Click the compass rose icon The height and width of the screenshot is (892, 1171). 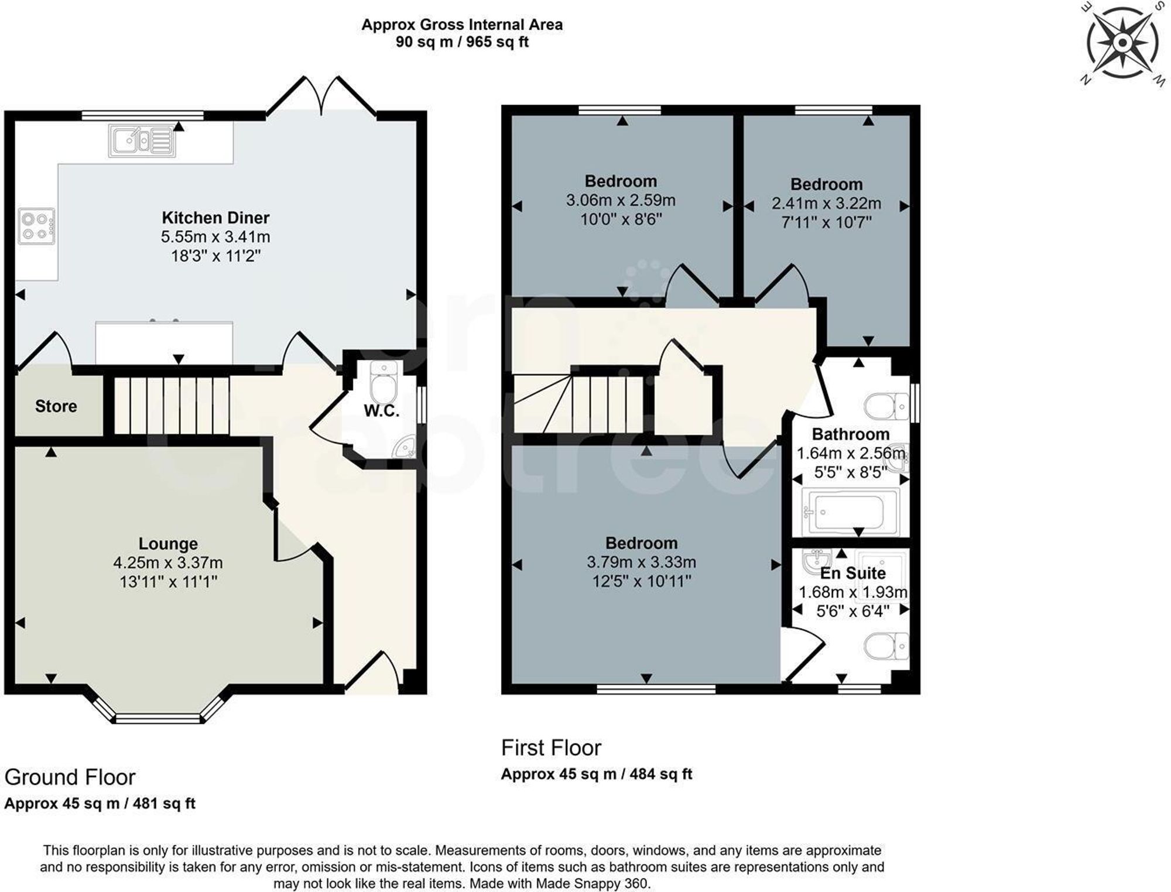[1122, 43]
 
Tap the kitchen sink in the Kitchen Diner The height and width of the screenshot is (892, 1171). [142, 141]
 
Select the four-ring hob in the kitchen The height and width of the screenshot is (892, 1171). [36, 227]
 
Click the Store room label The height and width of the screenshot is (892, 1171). [56, 406]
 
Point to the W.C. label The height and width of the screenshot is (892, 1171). [381, 411]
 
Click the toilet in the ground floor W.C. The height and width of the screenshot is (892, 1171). [384, 383]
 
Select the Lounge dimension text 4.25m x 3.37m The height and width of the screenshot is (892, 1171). [168, 563]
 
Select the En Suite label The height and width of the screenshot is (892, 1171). [852, 573]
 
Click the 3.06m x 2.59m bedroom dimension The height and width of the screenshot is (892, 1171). [620, 201]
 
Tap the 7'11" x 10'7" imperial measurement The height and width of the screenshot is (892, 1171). [826, 223]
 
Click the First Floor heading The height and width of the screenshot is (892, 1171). [551, 748]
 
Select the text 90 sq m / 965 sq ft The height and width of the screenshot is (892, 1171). [462, 42]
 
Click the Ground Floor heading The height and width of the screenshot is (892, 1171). [70, 777]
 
